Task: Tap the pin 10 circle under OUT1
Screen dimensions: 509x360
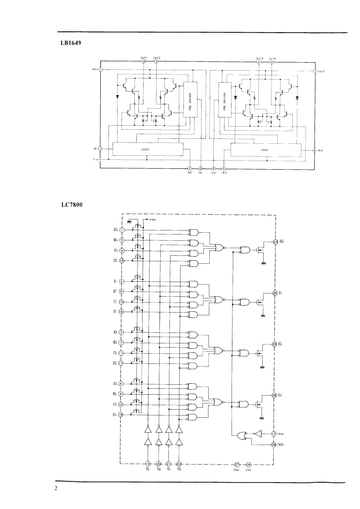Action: tap(144, 62)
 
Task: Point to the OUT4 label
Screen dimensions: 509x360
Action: tap(272, 59)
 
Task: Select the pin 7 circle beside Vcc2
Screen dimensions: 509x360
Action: tap(315, 72)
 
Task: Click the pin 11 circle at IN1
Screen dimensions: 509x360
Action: tap(100, 148)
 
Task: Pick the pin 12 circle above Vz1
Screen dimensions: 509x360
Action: tap(201, 169)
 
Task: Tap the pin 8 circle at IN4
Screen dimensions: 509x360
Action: tap(315, 150)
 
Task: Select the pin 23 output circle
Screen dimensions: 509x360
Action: tap(275, 241)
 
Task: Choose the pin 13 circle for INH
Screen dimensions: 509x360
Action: tap(274, 434)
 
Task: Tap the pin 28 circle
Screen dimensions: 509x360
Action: tap(274, 445)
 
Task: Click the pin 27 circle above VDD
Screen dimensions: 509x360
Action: tap(237, 465)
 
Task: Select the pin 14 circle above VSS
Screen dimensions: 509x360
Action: tap(248, 465)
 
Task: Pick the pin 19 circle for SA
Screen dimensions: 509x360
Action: tap(148, 464)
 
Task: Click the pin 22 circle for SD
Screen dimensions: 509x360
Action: tap(179, 464)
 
